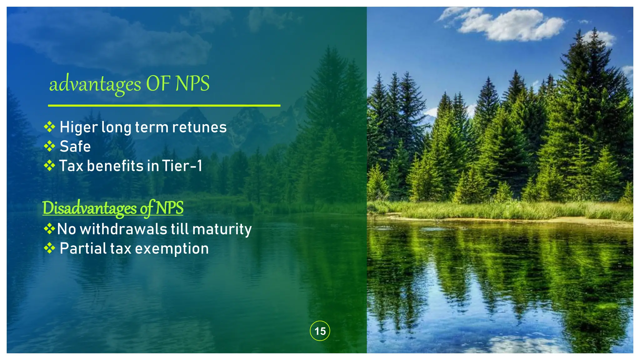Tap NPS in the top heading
192,84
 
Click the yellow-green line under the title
164,106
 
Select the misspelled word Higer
79,127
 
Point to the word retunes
199,127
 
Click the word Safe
75,147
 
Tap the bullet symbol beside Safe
49,146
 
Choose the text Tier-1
182,166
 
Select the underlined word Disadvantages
89,208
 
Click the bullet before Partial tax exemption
49,248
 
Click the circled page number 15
320,331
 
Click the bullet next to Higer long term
49,127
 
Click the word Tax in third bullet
71,166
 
